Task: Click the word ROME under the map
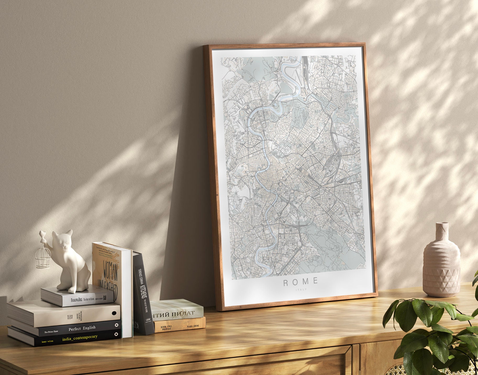point(301,282)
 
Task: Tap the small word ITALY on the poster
point(301,289)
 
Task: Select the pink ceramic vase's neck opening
point(442,224)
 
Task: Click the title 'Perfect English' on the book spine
point(82,328)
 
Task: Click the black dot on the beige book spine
point(114,313)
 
